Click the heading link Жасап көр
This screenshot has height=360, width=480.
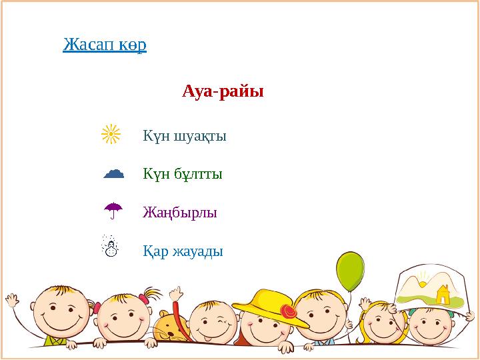click(105, 45)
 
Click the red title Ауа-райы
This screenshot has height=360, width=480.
click(223, 91)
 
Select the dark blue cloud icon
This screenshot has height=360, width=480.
click(114, 173)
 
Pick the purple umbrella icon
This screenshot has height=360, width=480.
click(113, 211)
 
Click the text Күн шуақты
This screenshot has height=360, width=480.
click(185, 137)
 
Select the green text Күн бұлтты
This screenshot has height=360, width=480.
click(182, 175)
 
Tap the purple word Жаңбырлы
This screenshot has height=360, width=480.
click(180, 213)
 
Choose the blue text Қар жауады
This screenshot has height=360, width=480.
click(183, 252)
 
